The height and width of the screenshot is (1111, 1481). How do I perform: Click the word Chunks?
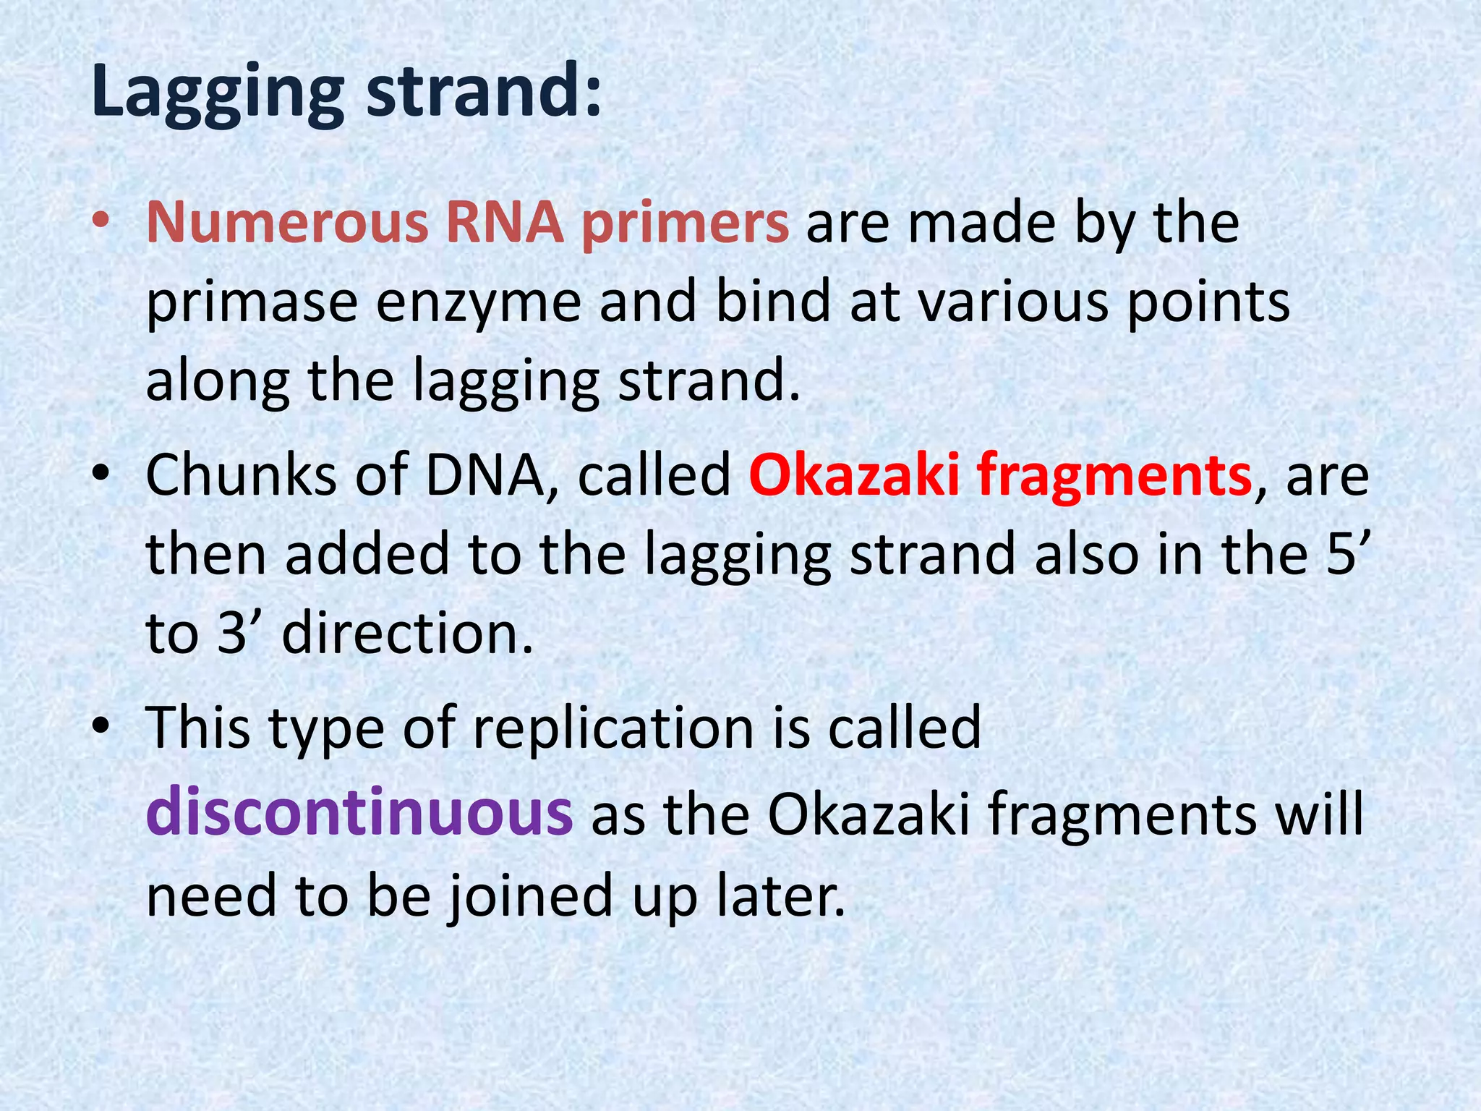242,475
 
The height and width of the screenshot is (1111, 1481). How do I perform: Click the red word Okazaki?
853,475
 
